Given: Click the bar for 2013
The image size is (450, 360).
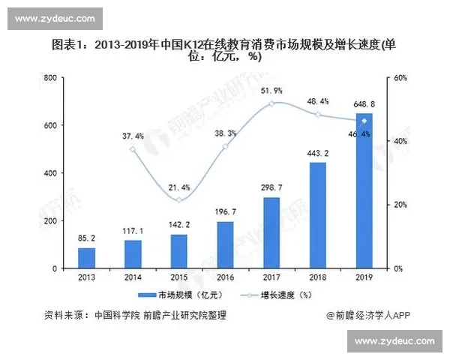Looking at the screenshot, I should coord(87,257).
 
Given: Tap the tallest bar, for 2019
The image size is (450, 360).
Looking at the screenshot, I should coord(364,190).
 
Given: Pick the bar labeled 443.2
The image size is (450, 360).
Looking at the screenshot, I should coord(318,215).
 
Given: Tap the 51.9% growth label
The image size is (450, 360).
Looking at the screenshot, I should coord(271,91).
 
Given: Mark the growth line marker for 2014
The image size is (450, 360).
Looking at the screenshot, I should coord(133,149).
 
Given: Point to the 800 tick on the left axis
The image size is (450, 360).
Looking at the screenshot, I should coord(50,78).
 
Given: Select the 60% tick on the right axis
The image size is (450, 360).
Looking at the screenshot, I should coord(400,78).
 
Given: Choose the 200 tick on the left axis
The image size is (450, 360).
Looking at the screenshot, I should coord(50,220).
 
